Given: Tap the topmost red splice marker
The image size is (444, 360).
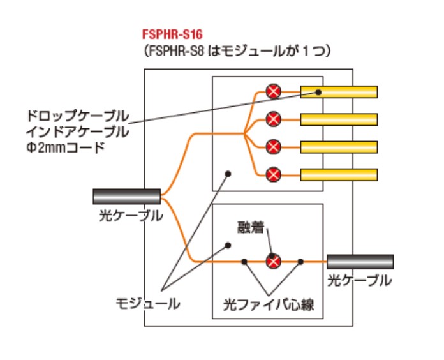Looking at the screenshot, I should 274,92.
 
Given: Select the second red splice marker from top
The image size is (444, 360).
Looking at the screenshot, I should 274,119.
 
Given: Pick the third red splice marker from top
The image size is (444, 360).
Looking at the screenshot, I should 274,146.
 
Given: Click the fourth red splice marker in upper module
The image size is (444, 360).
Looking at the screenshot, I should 274,174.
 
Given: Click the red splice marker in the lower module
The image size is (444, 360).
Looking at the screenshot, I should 273,261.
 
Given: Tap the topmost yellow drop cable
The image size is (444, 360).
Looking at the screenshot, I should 339,92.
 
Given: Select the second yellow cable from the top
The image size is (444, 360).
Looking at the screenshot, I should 339,119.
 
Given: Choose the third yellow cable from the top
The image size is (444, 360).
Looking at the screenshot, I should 339,146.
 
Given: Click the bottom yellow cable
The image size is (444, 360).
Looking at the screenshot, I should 339,174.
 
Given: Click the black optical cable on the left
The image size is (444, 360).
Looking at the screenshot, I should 126,196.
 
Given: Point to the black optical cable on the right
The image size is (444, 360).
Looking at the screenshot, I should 360,261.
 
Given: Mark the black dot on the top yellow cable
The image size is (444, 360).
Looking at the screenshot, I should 318,93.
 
